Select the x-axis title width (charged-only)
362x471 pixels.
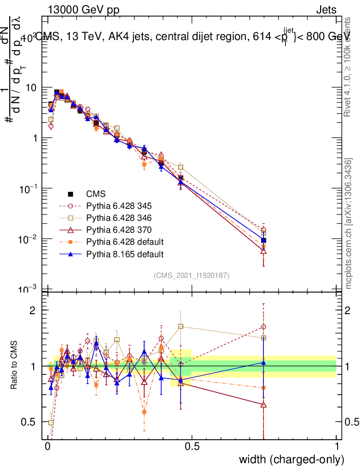click(x=292, y=460)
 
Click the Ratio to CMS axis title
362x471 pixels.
click(x=14, y=366)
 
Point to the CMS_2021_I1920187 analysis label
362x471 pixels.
click(x=192, y=275)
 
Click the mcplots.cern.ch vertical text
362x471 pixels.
click(x=349, y=223)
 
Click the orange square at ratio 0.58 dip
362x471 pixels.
click(x=144, y=412)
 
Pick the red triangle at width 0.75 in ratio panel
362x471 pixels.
click(x=263, y=405)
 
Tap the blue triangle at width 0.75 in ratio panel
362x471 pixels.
click(x=263, y=362)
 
